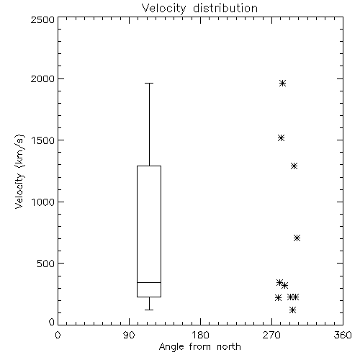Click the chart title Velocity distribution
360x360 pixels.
(199, 8)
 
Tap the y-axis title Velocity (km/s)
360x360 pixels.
(19, 171)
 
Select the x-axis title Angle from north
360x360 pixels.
(199, 346)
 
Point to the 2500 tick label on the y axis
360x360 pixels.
(43, 19)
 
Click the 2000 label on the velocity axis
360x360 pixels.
(43, 78)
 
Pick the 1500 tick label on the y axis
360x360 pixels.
(43, 140)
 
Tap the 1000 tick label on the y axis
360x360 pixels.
(43, 202)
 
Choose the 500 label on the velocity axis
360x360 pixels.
(46, 264)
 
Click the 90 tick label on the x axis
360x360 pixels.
(129, 335)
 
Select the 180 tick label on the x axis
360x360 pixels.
(200, 335)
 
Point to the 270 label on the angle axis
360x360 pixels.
(271, 335)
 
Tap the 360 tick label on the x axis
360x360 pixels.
(343, 335)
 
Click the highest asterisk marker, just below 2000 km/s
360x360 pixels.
(282, 84)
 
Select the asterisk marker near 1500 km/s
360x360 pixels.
(281, 138)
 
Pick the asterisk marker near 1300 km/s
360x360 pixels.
(294, 166)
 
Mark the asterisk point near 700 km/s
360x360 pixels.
(297, 238)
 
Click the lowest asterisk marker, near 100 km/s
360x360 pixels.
(292, 310)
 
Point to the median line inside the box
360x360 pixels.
(149, 282)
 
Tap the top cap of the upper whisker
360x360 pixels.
(149, 83)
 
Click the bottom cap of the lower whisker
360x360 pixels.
(149, 310)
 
